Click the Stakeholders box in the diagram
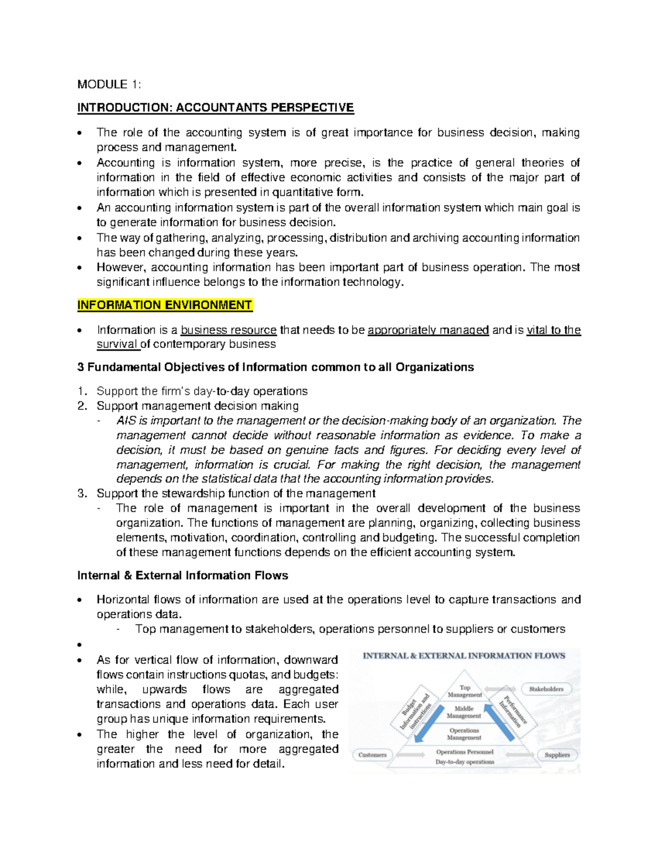(x=546, y=689)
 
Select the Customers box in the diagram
(x=372, y=755)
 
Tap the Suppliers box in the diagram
(x=557, y=755)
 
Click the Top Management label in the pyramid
(x=465, y=691)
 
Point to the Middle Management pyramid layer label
(x=464, y=712)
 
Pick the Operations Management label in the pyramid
(x=464, y=734)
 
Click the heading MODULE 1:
(x=109, y=84)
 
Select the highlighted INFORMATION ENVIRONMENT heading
(x=164, y=305)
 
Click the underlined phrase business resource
(x=229, y=330)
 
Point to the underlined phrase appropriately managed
(x=428, y=330)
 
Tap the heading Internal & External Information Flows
(x=183, y=575)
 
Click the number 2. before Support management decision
(x=82, y=406)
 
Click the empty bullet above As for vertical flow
(x=80, y=645)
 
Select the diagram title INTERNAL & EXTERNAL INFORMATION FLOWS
(x=464, y=656)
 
